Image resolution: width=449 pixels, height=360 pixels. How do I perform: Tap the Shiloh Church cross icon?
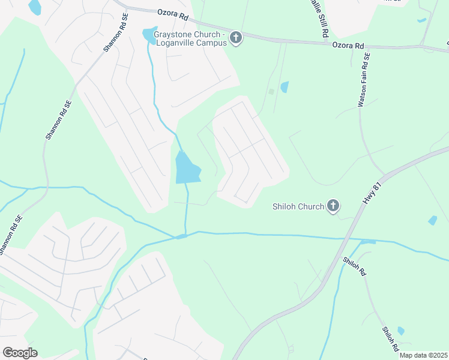point(333,206)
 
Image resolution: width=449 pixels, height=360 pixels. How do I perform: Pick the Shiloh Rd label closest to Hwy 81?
point(354,266)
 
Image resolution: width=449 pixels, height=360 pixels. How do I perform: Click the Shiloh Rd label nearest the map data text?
point(390,339)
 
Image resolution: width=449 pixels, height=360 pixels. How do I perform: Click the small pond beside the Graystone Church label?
point(148,34)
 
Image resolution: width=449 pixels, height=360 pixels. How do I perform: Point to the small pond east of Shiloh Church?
point(433,220)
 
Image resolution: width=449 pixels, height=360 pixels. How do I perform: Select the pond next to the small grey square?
point(285,87)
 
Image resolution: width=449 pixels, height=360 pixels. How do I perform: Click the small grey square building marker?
point(271,92)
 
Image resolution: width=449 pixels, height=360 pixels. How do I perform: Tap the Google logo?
point(20,353)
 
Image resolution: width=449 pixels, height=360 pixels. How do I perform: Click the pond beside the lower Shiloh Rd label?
point(401,331)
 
